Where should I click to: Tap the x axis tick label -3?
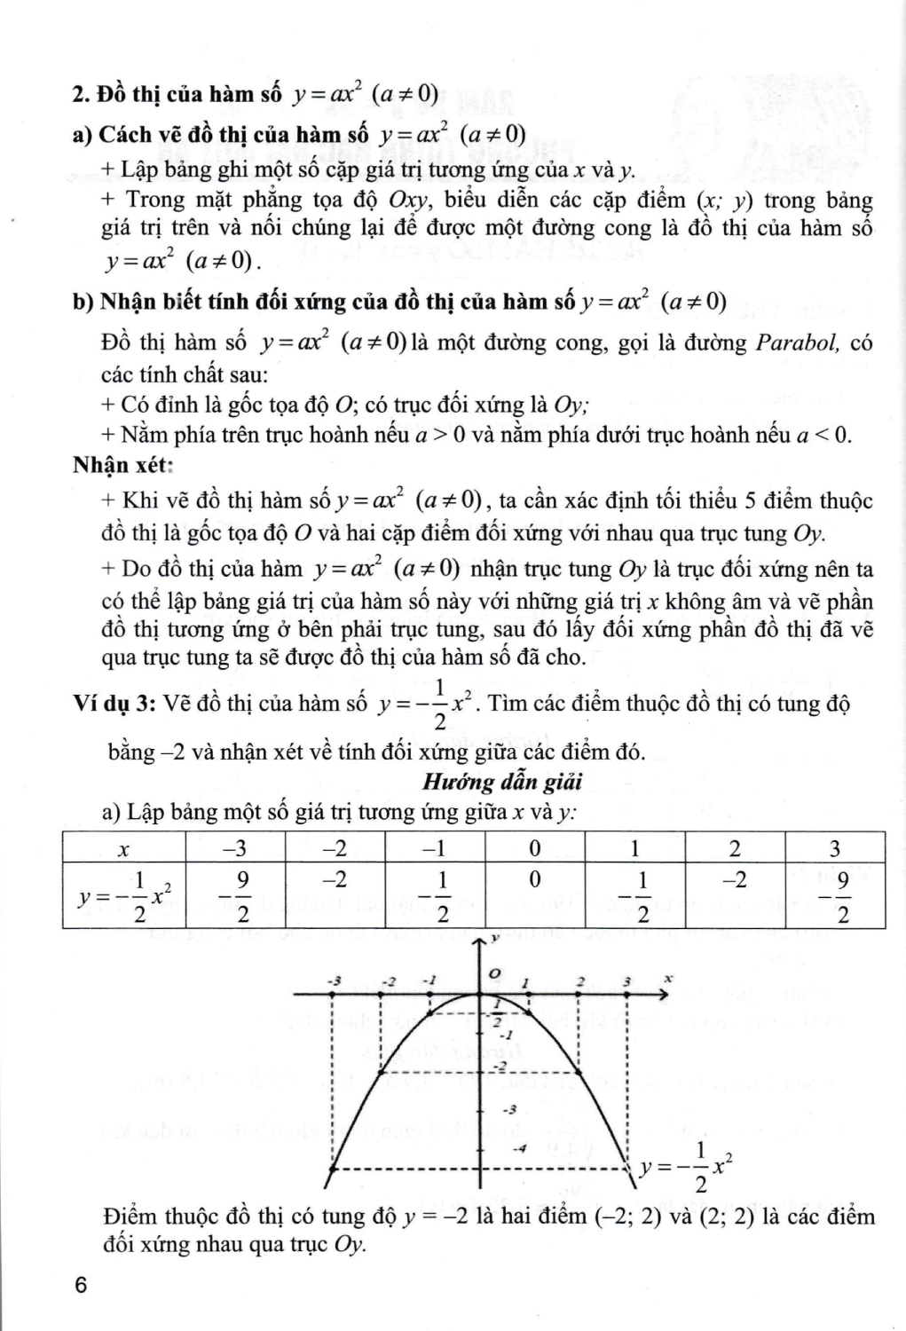point(334,981)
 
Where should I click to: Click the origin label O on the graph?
point(496,974)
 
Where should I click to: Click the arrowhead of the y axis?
point(480,938)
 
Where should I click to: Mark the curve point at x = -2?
point(381,1073)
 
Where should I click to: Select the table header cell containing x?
point(124,849)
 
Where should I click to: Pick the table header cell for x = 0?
point(534,849)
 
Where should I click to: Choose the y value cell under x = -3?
point(235,897)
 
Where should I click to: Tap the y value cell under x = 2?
point(735,881)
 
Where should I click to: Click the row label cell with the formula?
point(124,897)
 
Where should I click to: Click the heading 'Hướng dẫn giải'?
point(501,782)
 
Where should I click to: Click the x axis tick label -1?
point(430,981)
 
